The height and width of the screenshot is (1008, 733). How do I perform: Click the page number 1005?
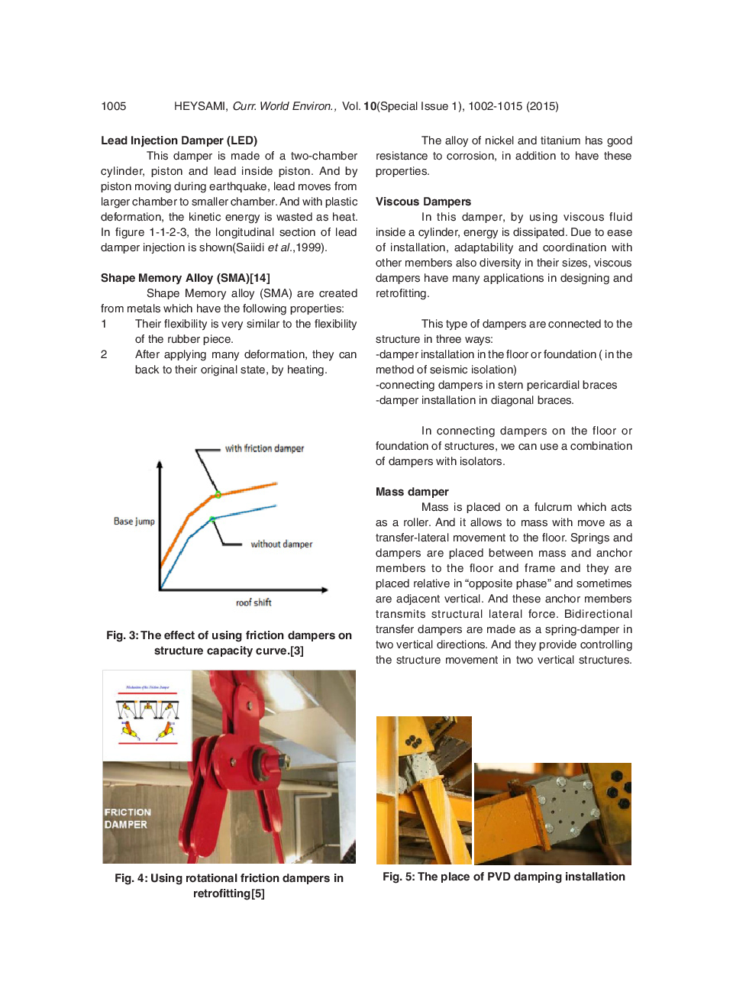point(114,106)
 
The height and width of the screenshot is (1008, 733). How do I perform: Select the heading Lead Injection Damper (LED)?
point(179,141)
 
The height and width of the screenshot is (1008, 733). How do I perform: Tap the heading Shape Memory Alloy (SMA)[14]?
point(186,278)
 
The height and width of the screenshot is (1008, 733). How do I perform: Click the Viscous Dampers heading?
point(423,202)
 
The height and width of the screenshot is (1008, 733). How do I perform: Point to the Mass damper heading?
point(412,492)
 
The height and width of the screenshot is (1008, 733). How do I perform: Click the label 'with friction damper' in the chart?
point(264,448)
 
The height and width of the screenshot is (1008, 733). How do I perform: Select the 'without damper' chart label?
point(281,544)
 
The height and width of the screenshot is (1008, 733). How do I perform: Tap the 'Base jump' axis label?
point(134,522)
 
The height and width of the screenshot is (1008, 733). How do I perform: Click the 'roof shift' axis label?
point(253,603)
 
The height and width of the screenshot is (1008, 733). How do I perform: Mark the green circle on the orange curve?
point(218,495)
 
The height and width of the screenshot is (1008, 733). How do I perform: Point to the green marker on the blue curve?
point(212,519)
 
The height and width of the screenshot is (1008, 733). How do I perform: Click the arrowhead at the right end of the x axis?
point(325,590)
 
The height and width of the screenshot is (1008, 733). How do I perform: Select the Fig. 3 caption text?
point(229,643)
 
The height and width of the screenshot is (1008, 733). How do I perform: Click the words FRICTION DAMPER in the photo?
point(128,819)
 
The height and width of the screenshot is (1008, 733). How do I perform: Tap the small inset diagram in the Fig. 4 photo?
point(147,715)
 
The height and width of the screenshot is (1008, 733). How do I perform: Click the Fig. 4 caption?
point(229,886)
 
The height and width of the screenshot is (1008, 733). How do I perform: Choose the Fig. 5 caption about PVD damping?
point(504,877)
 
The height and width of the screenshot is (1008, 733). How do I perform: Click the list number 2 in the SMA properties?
point(104,354)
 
